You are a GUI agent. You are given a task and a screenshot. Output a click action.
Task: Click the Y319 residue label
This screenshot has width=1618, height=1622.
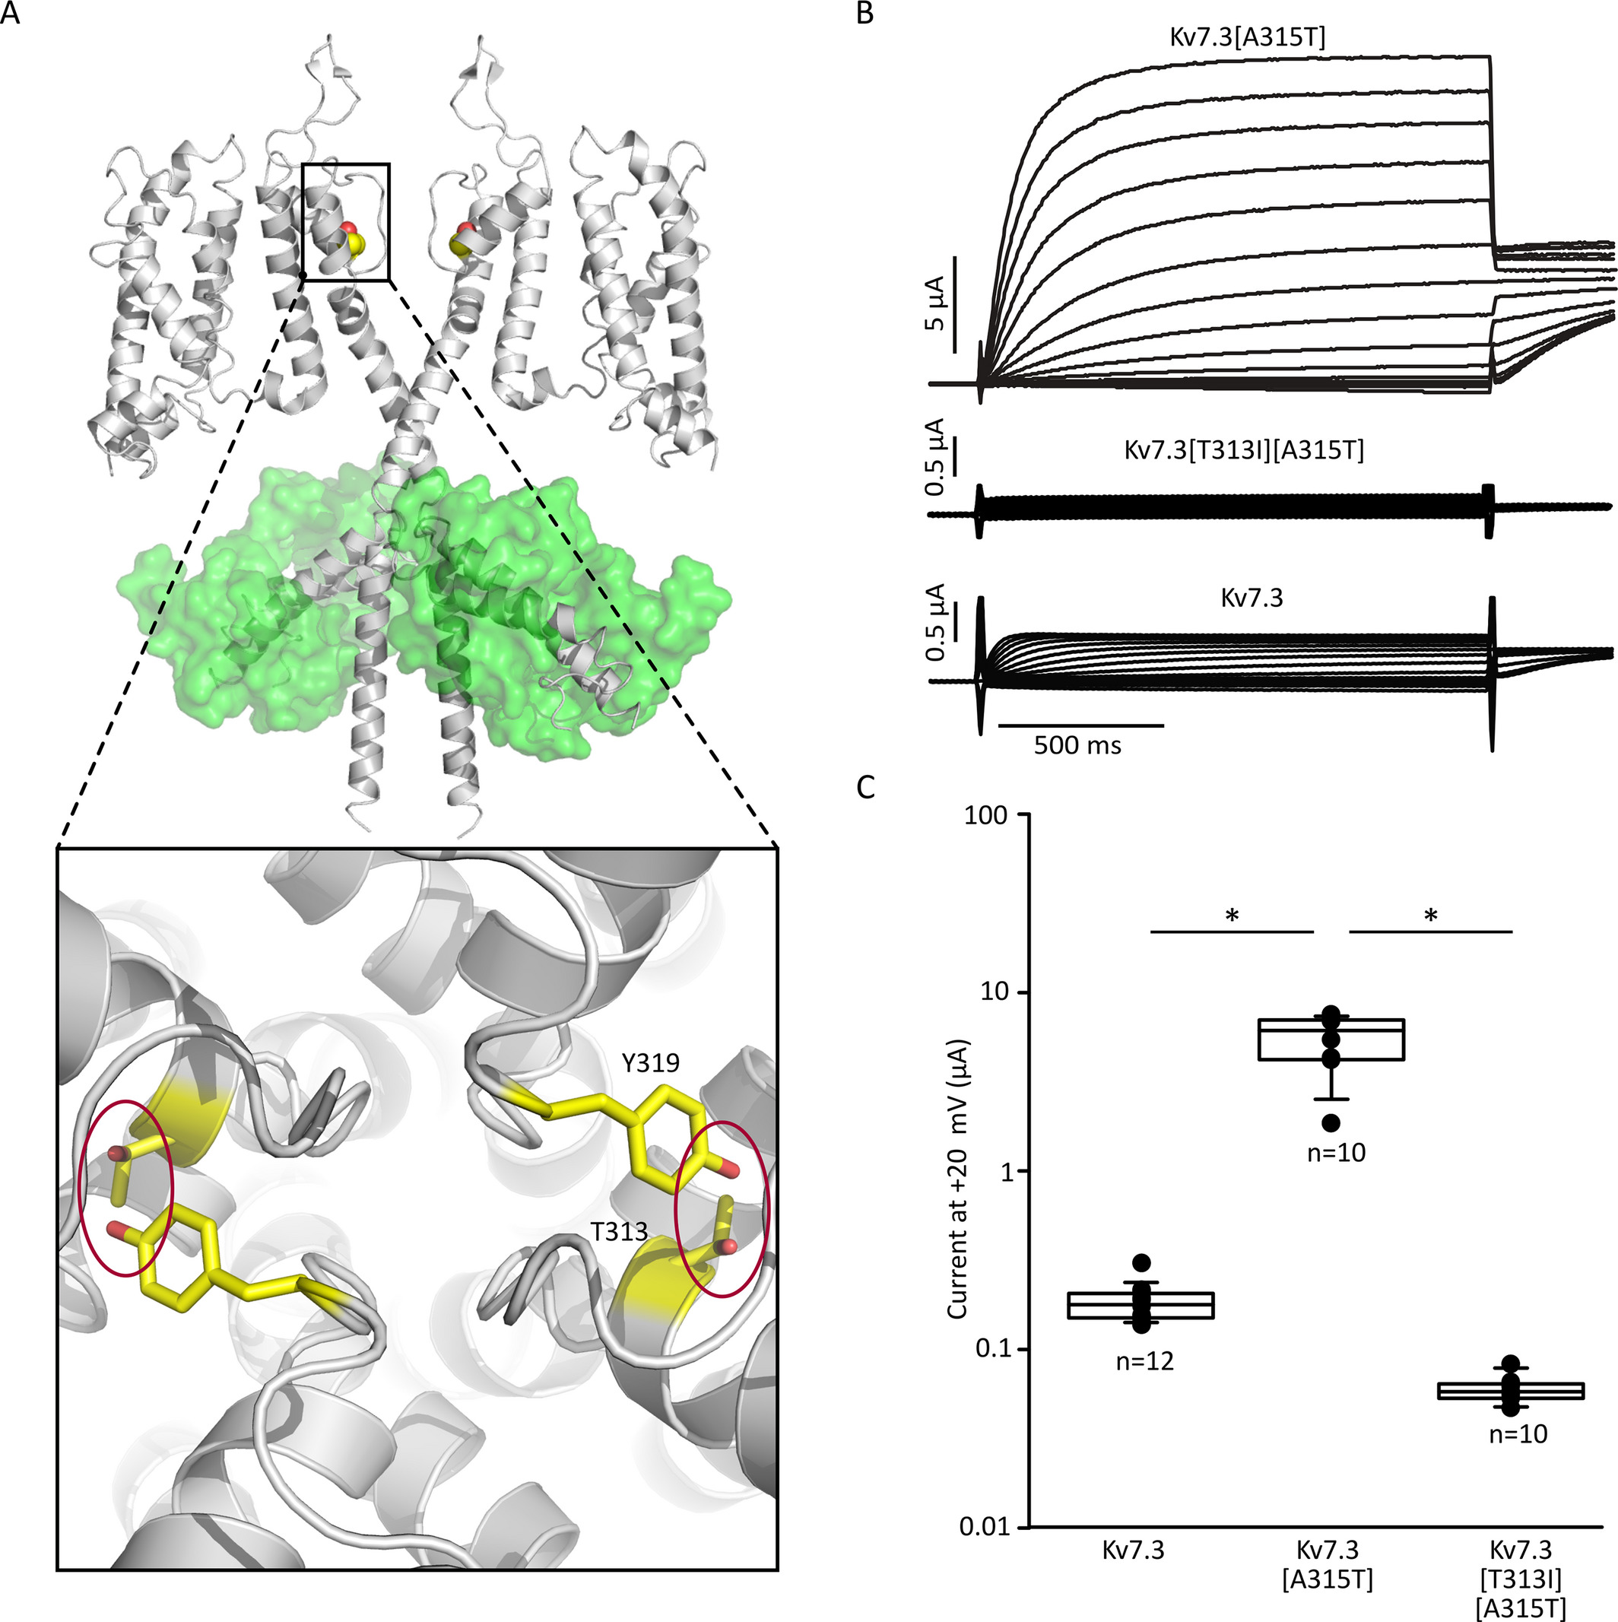(651, 1063)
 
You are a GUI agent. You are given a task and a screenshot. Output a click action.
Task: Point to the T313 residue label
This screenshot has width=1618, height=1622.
(619, 1232)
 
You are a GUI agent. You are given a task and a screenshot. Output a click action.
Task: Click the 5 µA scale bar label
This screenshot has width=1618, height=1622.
(937, 303)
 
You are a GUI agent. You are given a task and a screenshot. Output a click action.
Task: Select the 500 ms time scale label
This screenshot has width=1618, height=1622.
(1077, 744)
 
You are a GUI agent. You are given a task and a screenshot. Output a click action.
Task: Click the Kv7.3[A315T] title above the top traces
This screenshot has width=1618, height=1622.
(1248, 38)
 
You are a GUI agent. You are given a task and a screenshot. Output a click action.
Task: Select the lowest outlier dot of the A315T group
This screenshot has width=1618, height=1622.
(1331, 1122)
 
